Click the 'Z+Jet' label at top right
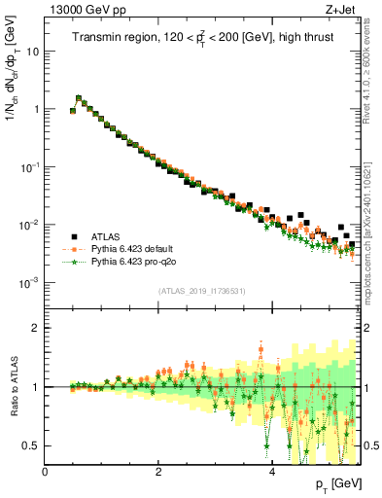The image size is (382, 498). [341, 9]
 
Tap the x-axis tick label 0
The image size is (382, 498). [46, 471]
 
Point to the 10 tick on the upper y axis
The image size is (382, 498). [33, 51]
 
